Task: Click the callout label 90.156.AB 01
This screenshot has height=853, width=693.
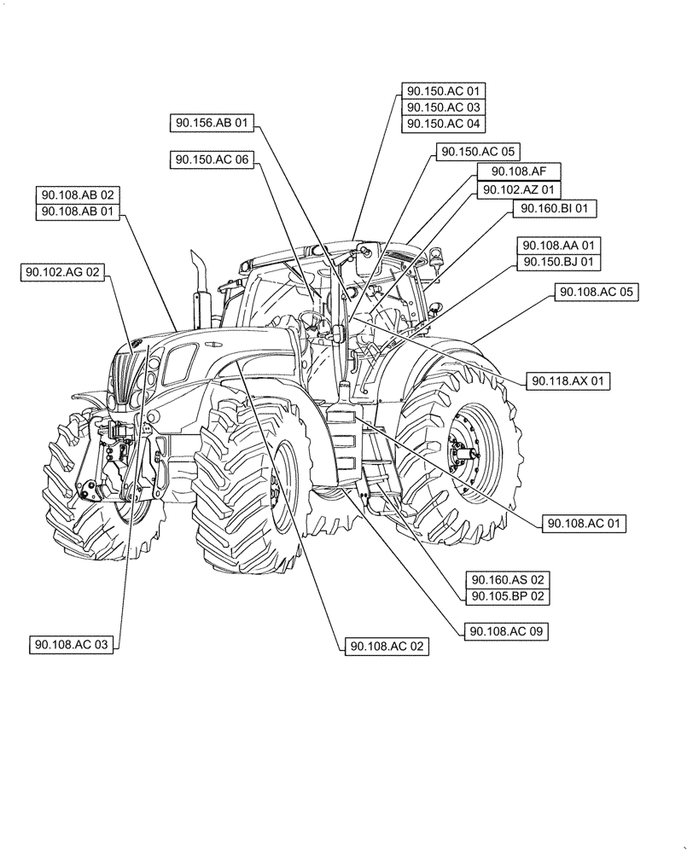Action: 212,124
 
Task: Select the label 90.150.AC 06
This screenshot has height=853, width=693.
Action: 212,159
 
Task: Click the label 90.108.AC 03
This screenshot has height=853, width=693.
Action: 72,645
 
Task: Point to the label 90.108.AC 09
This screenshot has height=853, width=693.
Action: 506,631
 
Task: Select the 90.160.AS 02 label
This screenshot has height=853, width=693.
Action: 506,579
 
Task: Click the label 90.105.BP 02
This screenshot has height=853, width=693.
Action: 506,596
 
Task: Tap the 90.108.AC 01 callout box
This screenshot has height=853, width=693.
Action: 584,523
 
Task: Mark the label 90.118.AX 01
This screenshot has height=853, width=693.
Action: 568,380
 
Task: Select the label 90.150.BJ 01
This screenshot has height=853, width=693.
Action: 562,262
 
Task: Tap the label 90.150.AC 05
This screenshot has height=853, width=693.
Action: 478,151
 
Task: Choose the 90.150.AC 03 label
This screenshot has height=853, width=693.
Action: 443,107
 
